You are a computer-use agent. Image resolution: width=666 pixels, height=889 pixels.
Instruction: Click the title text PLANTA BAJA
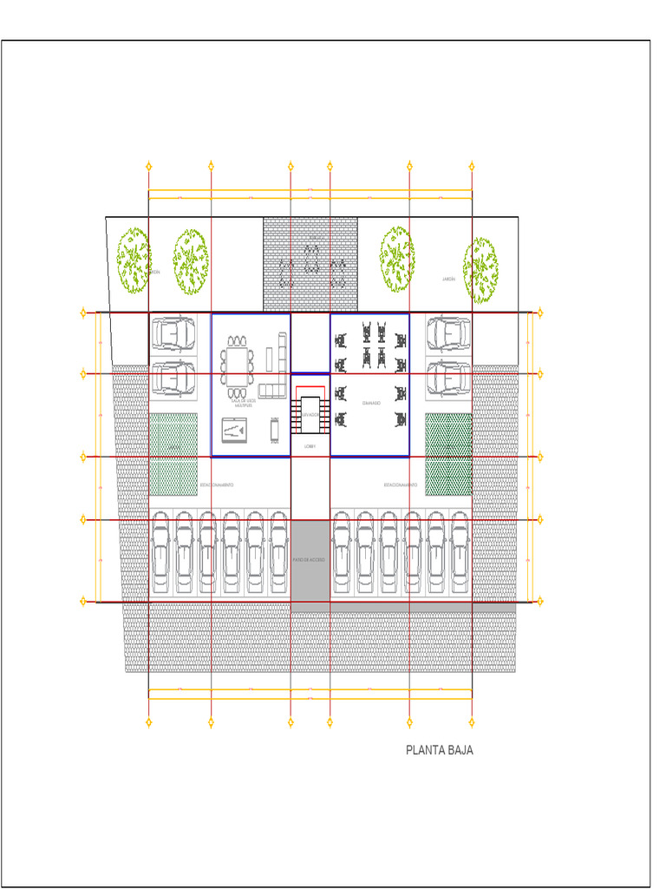pyautogui.click(x=440, y=750)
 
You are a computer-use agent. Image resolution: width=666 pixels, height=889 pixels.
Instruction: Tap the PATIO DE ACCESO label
pyautogui.click(x=310, y=559)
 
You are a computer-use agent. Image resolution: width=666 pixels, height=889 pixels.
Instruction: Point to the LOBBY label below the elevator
pyautogui.click(x=310, y=446)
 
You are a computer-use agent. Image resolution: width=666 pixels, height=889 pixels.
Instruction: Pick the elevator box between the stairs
pyautogui.click(x=310, y=414)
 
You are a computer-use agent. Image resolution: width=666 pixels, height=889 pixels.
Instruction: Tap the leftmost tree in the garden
pyautogui.click(x=134, y=258)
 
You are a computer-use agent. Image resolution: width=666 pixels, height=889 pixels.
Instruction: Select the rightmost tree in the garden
pyautogui.click(x=480, y=265)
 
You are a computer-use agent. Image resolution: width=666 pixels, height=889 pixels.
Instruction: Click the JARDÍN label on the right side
pyautogui.click(x=448, y=280)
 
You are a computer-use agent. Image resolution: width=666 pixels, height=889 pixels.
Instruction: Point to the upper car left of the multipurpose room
pyautogui.click(x=173, y=333)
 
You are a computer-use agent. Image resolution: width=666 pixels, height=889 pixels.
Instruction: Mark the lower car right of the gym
pyautogui.click(x=448, y=377)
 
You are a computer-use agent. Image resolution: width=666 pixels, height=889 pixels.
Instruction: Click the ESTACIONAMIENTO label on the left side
pyautogui.click(x=217, y=484)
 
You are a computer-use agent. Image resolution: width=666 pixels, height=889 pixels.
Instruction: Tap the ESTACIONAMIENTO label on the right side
pyautogui.click(x=401, y=484)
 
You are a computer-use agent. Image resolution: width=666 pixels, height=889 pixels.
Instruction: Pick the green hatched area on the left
pyautogui.click(x=173, y=454)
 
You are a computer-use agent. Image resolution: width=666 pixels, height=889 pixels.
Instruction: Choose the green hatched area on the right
pyautogui.click(x=448, y=454)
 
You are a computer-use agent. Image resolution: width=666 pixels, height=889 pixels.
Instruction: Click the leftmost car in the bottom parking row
pyautogui.click(x=161, y=552)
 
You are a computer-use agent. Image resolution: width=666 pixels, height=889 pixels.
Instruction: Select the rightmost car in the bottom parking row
pyautogui.click(x=459, y=552)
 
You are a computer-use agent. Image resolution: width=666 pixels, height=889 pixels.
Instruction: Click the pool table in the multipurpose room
pyautogui.click(x=236, y=429)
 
